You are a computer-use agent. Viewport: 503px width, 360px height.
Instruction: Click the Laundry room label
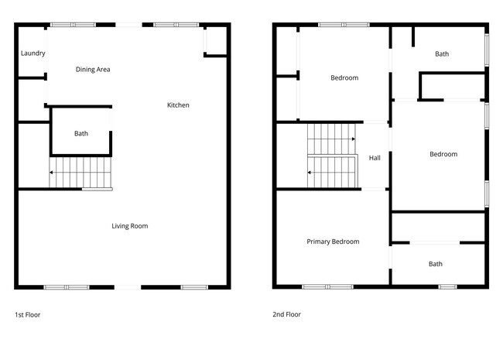[33, 53]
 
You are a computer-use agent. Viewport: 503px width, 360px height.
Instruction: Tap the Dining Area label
[93, 70]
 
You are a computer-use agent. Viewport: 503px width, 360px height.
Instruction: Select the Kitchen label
[178, 105]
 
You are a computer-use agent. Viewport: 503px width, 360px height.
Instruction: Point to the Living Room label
[129, 226]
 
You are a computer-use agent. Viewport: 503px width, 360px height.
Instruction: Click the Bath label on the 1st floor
[81, 134]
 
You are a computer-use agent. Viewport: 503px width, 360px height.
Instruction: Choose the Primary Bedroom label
[333, 242]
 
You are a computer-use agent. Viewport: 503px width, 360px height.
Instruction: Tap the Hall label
[375, 158]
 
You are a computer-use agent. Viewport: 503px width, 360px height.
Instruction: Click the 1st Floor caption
[28, 315]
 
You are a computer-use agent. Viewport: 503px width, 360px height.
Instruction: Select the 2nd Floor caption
[286, 315]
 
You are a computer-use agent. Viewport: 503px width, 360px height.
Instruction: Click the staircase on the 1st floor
[80, 172]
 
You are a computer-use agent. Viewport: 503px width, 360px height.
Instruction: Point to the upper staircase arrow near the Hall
[353, 139]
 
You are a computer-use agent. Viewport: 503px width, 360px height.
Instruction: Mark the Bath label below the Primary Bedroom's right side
[436, 264]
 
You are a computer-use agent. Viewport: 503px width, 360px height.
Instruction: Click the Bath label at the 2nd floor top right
[442, 54]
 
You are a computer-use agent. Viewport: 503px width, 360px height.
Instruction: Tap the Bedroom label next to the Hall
[443, 154]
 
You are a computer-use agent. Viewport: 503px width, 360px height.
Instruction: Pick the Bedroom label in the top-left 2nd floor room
[344, 77]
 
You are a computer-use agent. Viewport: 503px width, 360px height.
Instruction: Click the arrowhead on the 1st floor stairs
[51, 173]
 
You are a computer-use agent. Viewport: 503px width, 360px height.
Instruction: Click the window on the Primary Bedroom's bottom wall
[324, 287]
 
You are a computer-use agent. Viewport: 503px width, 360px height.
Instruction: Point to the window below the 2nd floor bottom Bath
[447, 287]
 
